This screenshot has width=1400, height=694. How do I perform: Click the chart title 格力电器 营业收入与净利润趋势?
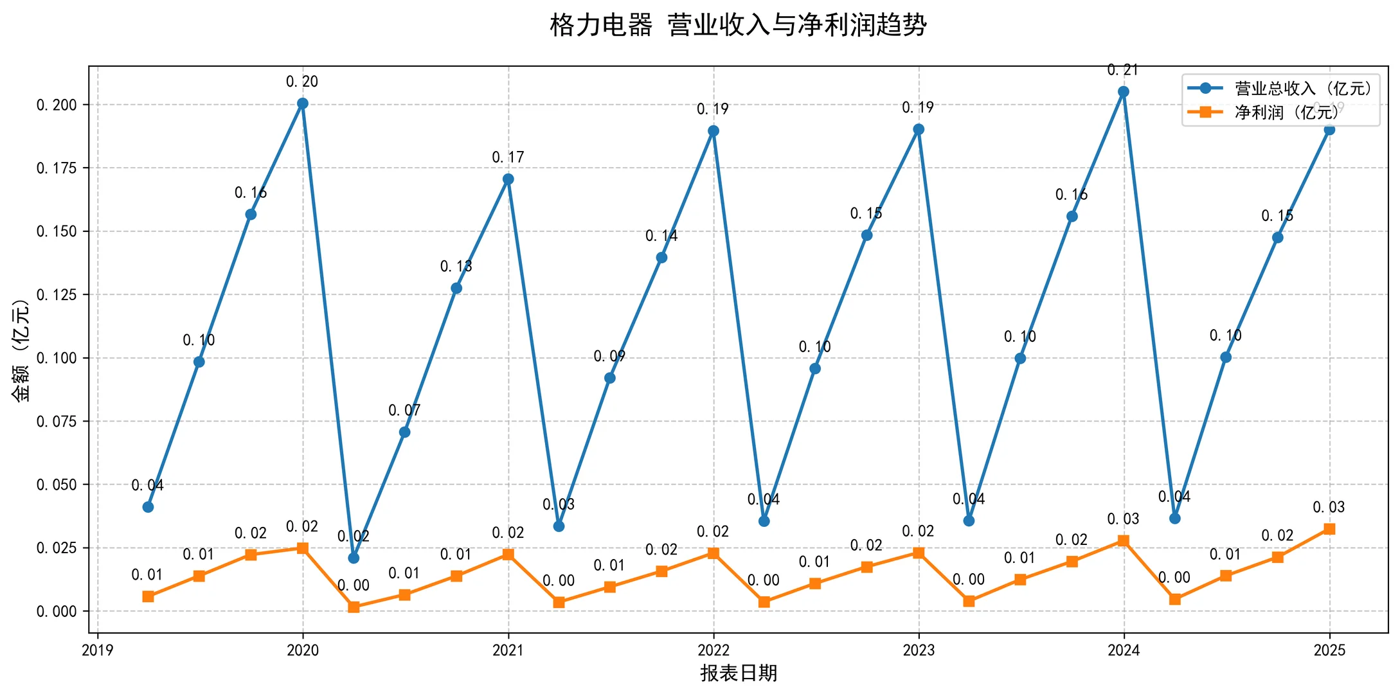point(738,26)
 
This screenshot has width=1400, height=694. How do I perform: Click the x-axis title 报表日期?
point(738,673)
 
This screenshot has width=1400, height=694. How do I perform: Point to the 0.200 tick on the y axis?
point(57,105)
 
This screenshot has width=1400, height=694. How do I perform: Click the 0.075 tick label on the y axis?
point(57,422)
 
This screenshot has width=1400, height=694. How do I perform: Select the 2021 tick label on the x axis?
point(508,650)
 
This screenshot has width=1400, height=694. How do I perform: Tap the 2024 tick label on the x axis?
point(1123,650)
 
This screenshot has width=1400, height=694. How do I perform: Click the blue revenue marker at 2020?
point(303,103)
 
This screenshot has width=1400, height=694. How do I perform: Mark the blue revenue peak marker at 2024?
point(1123,92)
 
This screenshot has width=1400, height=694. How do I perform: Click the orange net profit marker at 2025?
point(1329,529)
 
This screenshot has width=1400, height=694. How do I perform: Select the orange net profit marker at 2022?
point(713,553)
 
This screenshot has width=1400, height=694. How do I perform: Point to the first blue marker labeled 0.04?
point(148,507)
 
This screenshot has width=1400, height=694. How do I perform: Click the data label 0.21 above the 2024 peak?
point(1123,70)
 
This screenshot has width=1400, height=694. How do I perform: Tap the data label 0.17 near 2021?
point(508,157)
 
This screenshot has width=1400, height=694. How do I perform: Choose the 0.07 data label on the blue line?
point(404,410)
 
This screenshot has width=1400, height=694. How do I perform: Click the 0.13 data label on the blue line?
point(456,266)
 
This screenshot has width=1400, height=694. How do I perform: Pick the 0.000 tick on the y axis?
point(57,612)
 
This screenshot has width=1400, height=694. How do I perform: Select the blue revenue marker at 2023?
point(919,129)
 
